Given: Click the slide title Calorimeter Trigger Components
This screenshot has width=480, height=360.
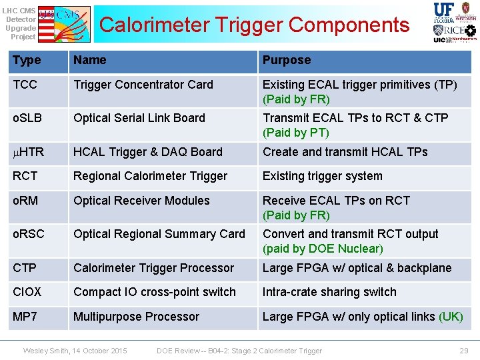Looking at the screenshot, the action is [x=254, y=25].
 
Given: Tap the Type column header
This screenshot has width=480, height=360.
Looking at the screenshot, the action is [x=27, y=60].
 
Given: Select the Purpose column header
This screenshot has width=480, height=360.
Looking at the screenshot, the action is [x=287, y=60].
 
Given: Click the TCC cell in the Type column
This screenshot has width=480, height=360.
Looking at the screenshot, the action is [x=25, y=85].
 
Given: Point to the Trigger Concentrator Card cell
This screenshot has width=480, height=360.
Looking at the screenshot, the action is [x=143, y=85].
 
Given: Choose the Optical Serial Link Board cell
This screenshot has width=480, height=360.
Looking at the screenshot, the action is [x=139, y=118].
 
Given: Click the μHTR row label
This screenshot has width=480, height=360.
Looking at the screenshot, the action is [x=29, y=152].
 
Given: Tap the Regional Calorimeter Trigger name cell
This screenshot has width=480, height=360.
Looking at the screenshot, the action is [x=151, y=176].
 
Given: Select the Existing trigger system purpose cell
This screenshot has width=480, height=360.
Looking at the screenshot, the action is [x=323, y=176].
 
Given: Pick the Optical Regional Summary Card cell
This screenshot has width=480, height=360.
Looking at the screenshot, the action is [x=159, y=234].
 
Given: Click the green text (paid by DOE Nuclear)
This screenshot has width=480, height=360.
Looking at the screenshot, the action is [x=323, y=249].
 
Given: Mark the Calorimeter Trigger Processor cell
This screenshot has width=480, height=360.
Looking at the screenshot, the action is [x=154, y=268].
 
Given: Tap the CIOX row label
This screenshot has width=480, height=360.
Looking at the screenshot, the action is [x=27, y=292].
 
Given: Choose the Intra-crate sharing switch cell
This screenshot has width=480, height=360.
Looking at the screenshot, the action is [x=329, y=292].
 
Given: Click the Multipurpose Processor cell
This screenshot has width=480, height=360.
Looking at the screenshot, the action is [x=137, y=317].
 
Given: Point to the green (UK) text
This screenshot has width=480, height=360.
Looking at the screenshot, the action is [x=451, y=317].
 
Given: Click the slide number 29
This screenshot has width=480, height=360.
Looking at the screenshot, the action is [x=464, y=351].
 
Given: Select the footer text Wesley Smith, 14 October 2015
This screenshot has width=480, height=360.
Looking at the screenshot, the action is [x=75, y=351].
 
